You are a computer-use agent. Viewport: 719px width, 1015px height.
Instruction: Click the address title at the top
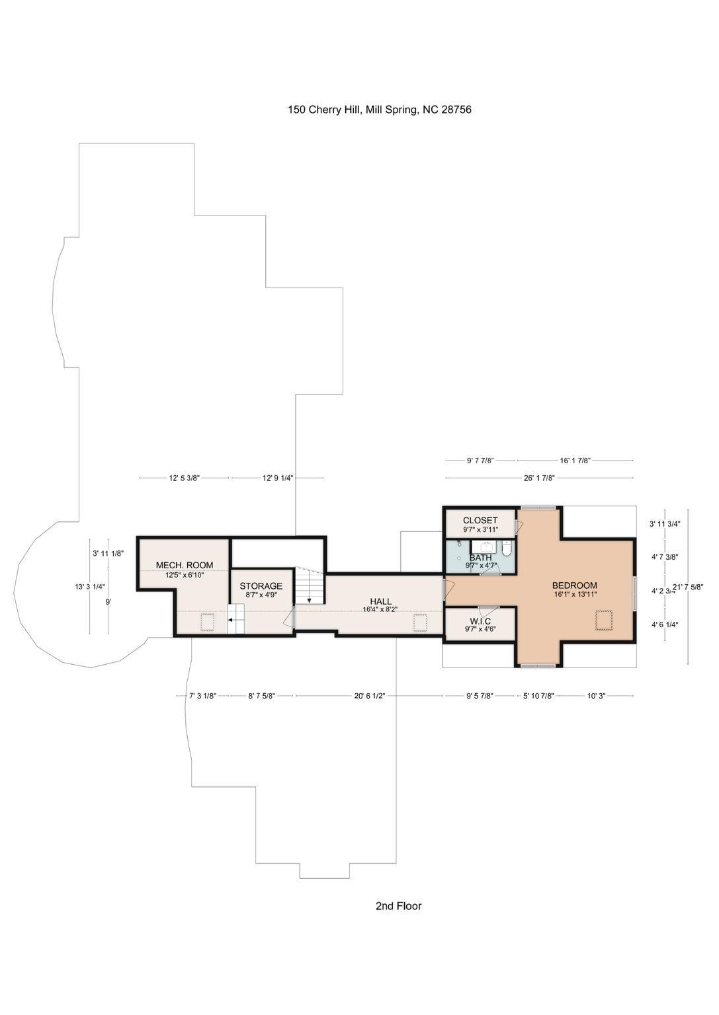point(379,110)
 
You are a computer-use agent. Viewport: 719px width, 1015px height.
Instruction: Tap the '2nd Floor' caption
point(398,905)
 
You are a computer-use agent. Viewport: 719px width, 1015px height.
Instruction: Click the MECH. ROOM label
point(185,565)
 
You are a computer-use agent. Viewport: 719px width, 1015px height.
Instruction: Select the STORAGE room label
point(261,586)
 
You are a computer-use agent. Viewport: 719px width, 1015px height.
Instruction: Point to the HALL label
point(380,601)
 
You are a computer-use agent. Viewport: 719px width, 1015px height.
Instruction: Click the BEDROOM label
point(574,585)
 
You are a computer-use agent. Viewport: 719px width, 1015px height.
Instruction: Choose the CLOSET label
point(480,521)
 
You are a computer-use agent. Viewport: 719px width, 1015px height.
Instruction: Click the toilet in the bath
point(507,548)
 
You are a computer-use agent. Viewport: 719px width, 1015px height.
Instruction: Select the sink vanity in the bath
point(486,546)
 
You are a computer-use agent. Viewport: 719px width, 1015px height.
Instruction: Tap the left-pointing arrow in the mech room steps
point(232,620)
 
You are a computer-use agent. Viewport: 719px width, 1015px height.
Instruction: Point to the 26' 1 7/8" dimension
point(539,478)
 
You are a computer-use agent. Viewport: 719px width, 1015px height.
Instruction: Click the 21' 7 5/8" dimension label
point(688,587)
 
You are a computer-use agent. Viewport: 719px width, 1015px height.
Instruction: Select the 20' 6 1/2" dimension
point(369,696)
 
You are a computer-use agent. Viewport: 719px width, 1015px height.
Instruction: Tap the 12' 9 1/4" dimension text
point(278,478)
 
